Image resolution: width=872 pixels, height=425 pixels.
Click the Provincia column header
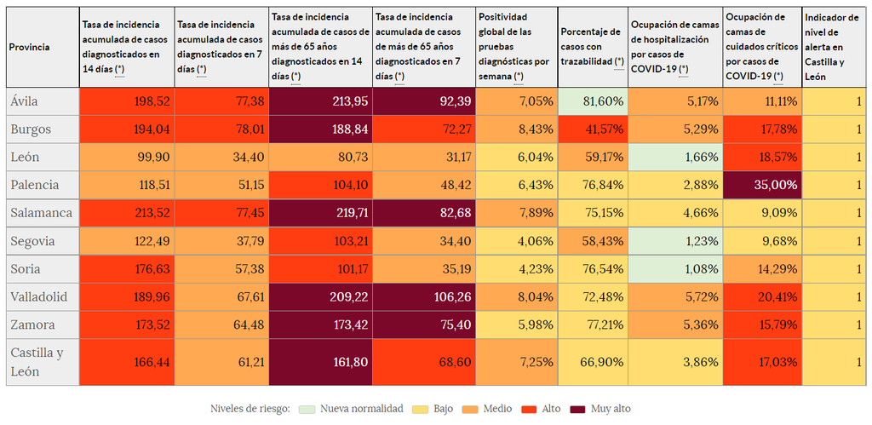coord(29,47)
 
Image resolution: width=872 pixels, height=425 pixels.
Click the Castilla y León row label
coord(37,362)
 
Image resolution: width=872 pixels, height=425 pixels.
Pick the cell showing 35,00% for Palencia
coord(762,185)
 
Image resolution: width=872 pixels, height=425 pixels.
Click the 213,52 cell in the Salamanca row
coord(127,213)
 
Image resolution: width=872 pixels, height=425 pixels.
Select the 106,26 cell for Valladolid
coord(423,297)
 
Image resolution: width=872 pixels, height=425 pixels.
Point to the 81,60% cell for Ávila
coord(593,101)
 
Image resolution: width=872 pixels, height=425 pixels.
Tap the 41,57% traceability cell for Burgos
coord(593,129)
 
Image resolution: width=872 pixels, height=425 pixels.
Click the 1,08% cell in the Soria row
coord(675,269)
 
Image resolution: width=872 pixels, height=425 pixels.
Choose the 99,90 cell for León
coord(127,158)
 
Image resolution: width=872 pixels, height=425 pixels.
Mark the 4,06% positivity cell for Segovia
coord(516,241)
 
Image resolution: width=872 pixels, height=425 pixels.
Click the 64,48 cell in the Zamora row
coord(221,324)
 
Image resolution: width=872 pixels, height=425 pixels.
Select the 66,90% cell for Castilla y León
coord(593,362)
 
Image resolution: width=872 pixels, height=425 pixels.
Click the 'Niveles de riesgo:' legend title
coord(250,409)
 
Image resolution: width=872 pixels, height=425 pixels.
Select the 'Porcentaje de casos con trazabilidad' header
coord(592,47)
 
